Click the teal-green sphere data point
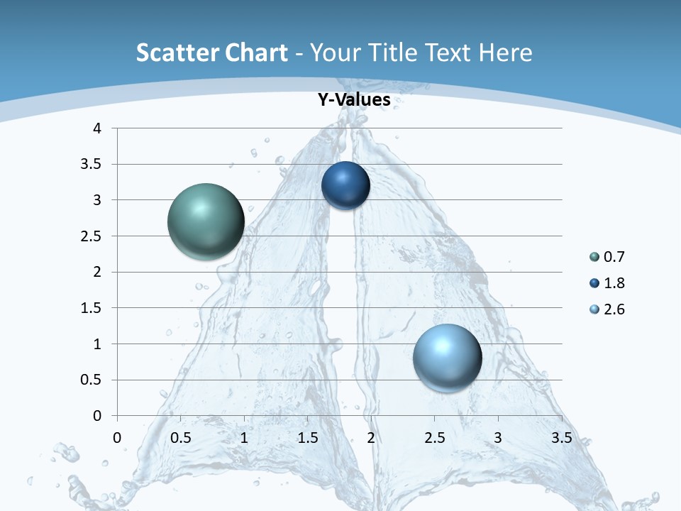pyautogui.click(x=206, y=221)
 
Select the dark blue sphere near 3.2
pyautogui.click(x=345, y=186)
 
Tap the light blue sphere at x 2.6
pyautogui.click(x=447, y=357)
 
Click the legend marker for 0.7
pyautogui.click(x=594, y=257)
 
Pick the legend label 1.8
pyautogui.click(x=614, y=283)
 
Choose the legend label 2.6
pyautogui.click(x=614, y=309)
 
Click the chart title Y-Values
pyautogui.click(x=354, y=100)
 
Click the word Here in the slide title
pyautogui.click(x=505, y=53)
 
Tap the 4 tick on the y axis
pyautogui.click(x=98, y=128)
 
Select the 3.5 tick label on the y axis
pyautogui.click(x=93, y=165)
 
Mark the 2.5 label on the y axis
pyautogui.click(x=93, y=236)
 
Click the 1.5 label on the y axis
pyautogui.click(x=93, y=308)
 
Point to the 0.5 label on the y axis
pyautogui.click(x=93, y=380)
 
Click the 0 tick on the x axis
pyautogui.click(x=118, y=438)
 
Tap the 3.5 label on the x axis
pyautogui.click(x=561, y=438)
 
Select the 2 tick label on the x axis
pyautogui.click(x=371, y=438)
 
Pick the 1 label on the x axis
pyautogui.click(x=245, y=438)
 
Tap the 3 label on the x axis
pyautogui.click(x=498, y=438)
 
